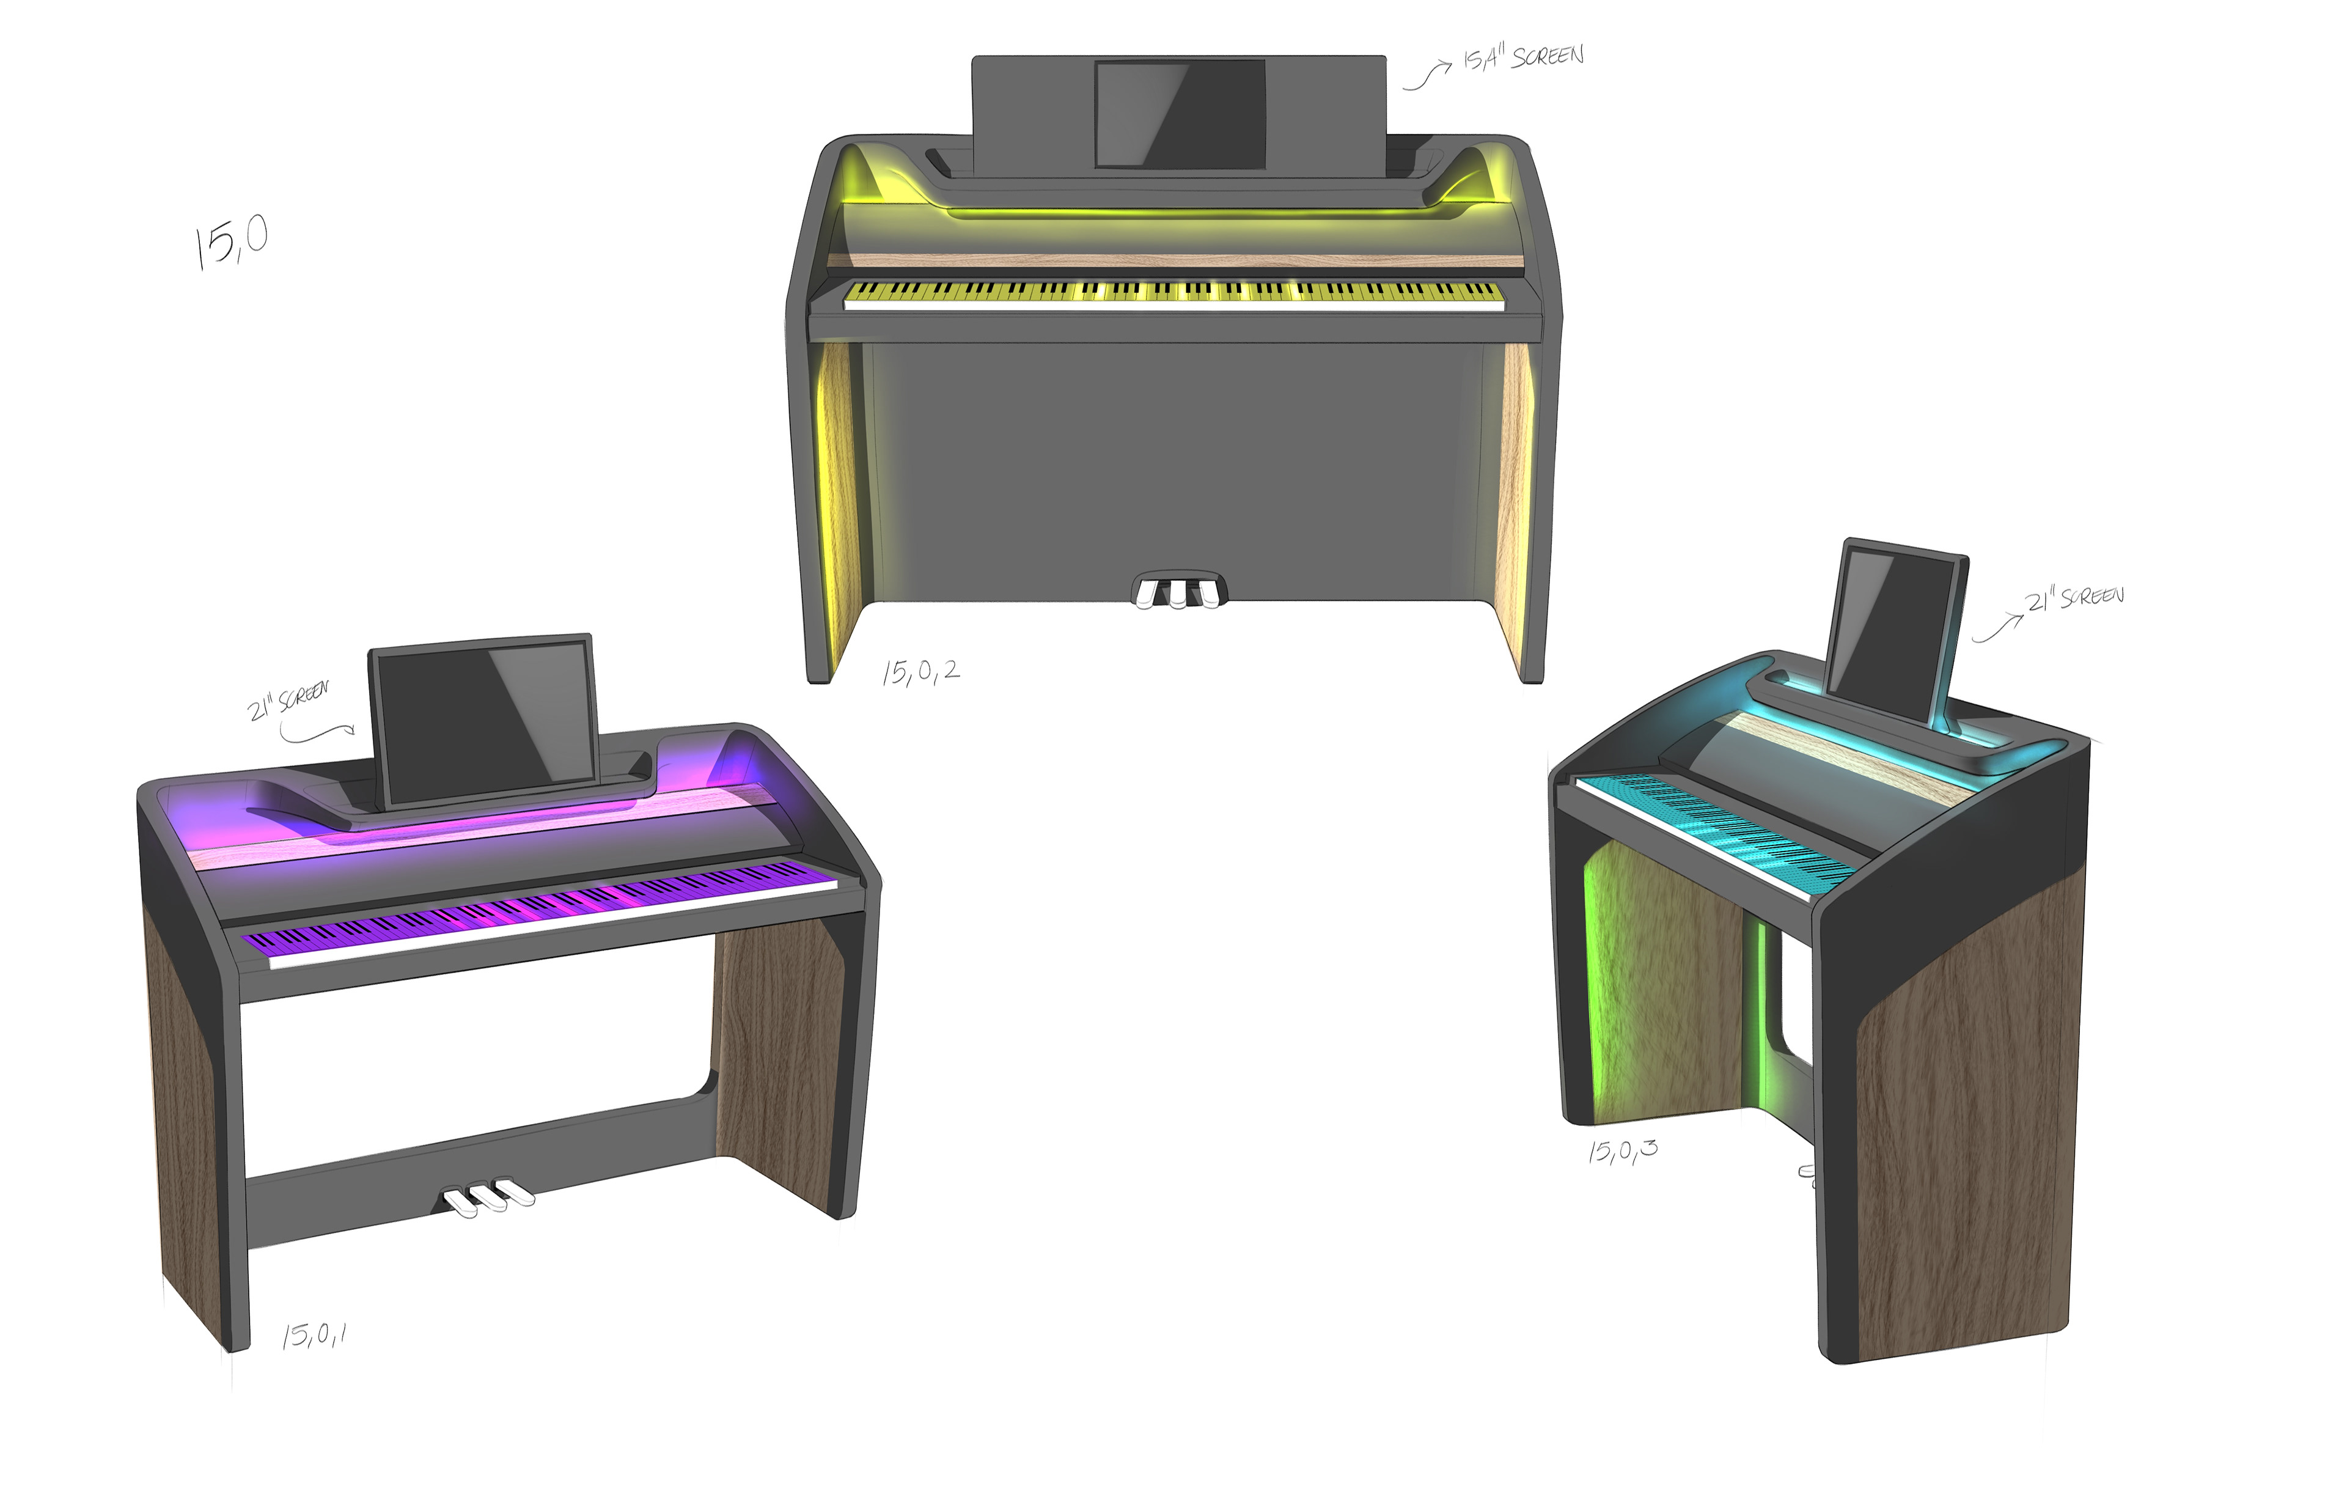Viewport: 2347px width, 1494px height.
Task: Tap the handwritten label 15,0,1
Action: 314,1334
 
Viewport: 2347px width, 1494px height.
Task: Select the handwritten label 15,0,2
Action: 920,671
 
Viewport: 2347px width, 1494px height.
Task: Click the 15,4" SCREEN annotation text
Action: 1523,57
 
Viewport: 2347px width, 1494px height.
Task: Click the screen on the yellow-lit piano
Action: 1180,114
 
